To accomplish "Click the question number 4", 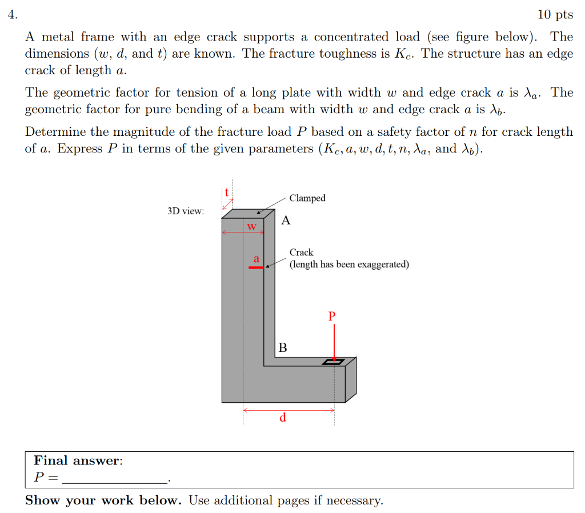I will click(x=11, y=15).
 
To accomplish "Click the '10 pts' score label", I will click(x=555, y=15).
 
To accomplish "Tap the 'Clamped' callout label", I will click(x=307, y=198).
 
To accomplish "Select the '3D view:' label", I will click(x=186, y=211).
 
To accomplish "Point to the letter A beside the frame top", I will click(x=286, y=221).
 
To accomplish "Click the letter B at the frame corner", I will click(x=282, y=347).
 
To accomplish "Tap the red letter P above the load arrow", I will click(x=332, y=315).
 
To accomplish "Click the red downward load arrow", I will click(x=334, y=342).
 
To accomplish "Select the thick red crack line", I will click(x=256, y=267).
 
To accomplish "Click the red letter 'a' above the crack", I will click(x=256, y=259).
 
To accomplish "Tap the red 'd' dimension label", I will click(x=283, y=418).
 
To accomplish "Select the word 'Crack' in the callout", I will click(x=301, y=252).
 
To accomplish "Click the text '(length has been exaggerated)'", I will click(x=349, y=264).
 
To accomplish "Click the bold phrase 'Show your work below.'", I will click(x=103, y=500).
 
